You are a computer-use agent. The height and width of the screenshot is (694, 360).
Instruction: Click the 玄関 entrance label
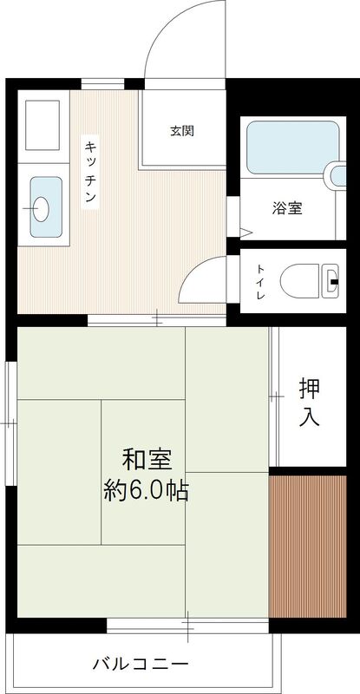click(181, 131)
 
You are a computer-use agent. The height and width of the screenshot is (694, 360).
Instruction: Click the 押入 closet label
click(309, 401)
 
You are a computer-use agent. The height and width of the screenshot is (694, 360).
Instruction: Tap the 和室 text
click(146, 458)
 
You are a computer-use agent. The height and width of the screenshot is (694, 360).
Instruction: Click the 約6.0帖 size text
click(146, 491)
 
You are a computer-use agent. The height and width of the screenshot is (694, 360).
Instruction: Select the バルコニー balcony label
click(141, 665)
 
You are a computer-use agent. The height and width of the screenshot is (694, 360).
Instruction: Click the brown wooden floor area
click(313, 547)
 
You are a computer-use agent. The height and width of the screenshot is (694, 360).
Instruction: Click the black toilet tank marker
click(336, 282)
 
